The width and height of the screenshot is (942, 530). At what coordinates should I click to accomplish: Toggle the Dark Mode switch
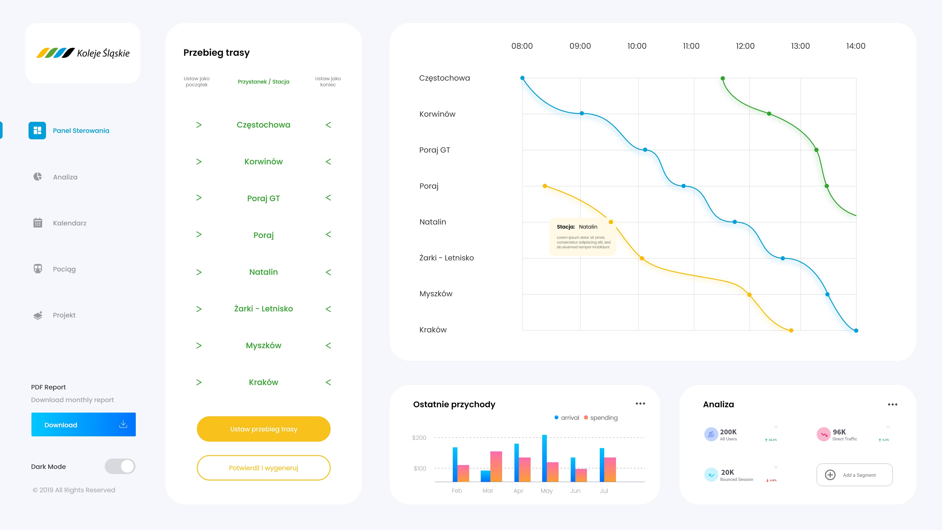(120, 466)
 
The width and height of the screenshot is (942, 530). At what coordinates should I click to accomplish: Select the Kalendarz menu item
(70, 223)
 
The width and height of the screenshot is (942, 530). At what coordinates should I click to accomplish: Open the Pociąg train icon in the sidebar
(38, 269)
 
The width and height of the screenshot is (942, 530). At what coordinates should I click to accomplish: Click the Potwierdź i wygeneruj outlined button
(263, 468)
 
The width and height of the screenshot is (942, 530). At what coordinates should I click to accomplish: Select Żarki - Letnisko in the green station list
(263, 309)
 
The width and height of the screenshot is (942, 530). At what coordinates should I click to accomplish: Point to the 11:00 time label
(691, 46)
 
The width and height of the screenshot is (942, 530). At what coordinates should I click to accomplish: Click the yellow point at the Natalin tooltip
(611, 222)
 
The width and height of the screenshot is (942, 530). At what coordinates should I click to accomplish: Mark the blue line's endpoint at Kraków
(856, 331)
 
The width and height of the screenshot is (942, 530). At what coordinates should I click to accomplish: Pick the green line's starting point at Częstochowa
(723, 78)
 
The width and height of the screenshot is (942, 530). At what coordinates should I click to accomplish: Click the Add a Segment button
(854, 475)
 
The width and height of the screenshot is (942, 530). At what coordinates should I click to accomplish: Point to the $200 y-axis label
(419, 438)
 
